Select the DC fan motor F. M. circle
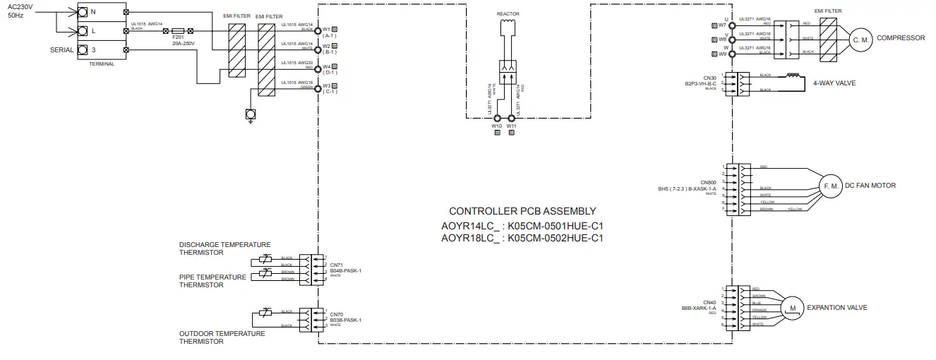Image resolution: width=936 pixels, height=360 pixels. click(x=830, y=186)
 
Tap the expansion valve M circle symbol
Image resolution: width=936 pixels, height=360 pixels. click(x=792, y=308)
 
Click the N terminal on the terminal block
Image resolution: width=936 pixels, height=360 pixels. click(x=83, y=12)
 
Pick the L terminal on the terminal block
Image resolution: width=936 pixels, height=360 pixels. click(x=83, y=31)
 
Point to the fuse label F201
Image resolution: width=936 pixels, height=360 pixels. click(x=178, y=38)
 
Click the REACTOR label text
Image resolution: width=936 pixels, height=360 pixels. click(x=508, y=14)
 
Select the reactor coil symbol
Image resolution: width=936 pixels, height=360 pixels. click(x=508, y=27)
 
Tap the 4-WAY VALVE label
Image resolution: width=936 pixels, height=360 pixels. click(x=834, y=83)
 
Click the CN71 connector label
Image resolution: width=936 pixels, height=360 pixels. click(x=336, y=265)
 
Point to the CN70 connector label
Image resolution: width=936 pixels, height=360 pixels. click(x=336, y=314)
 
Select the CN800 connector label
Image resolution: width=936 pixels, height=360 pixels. click(x=708, y=182)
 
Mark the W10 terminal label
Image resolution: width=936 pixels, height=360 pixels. click(x=497, y=126)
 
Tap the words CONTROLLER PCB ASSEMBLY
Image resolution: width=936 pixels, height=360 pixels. click(x=522, y=210)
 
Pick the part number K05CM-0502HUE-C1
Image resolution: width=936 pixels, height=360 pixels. click(x=556, y=238)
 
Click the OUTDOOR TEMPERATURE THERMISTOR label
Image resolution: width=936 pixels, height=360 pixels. click(x=222, y=337)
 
